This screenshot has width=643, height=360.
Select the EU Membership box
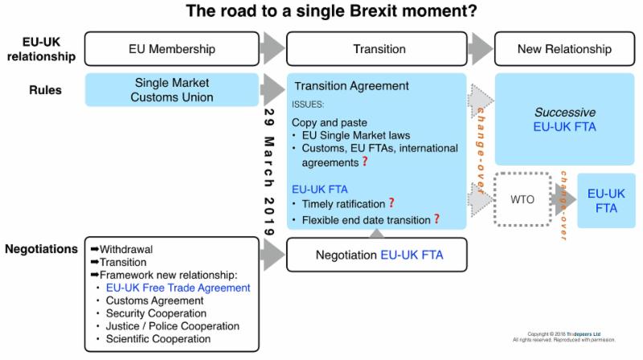(x=172, y=49)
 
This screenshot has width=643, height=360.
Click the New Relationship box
(x=563, y=49)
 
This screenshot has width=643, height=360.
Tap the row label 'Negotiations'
(x=39, y=249)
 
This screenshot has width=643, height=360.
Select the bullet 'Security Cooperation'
(x=156, y=313)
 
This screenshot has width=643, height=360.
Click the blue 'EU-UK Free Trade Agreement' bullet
(x=178, y=287)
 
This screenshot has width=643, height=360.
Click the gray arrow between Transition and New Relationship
(x=481, y=49)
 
